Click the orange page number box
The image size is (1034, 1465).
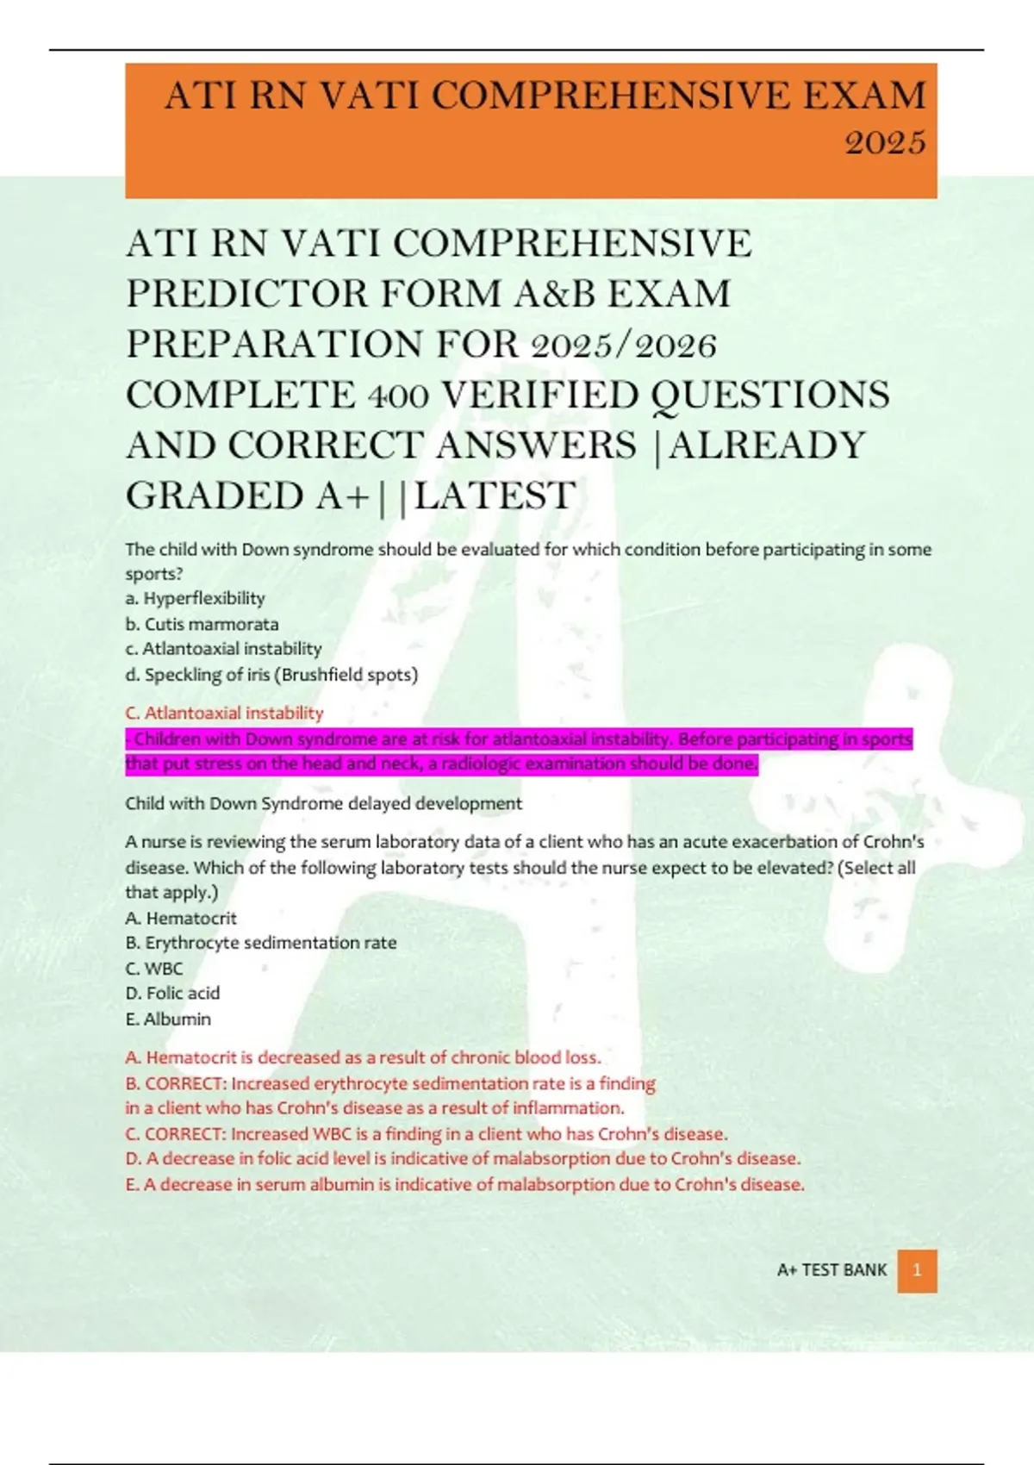(917, 1270)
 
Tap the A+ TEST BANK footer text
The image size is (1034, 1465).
(832, 1270)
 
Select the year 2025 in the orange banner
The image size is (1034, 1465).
(885, 142)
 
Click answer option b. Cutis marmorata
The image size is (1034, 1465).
(202, 624)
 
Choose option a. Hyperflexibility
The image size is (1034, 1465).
(195, 598)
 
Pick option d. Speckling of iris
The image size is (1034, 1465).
(271, 675)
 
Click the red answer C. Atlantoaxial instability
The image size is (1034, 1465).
(224, 713)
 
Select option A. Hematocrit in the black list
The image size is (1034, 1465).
(181, 918)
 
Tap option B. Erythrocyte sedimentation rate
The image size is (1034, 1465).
(261, 943)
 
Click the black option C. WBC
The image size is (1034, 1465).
(154, 968)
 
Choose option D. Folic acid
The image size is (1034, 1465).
(172, 993)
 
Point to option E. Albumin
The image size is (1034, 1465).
(168, 1019)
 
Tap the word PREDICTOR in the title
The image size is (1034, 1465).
(246, 294)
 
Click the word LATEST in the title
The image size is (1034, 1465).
(495, 496)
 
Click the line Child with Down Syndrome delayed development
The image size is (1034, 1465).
(323, 803)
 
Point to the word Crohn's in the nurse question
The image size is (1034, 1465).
(894, 841)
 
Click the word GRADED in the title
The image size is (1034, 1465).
(214, 496)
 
